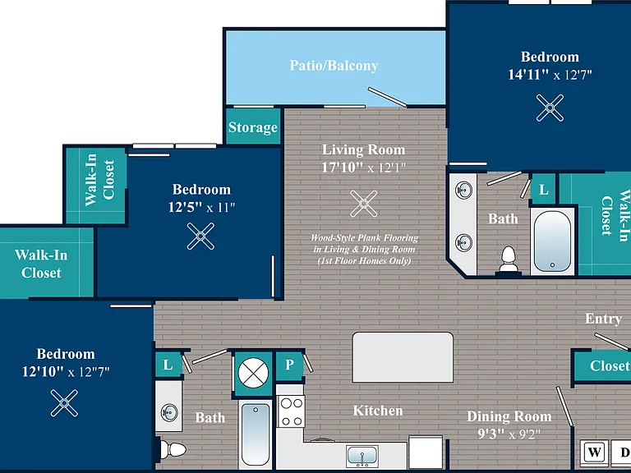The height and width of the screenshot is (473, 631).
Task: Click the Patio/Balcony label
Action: (334, 66)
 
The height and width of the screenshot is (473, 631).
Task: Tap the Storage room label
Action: (253, 127)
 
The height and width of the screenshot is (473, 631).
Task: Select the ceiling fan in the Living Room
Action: (364, 204)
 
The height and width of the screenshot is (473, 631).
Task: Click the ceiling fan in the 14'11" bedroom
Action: (550, 108)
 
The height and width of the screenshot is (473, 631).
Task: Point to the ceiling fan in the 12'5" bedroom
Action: (200, 236)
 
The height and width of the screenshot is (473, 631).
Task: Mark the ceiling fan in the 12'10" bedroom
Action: (64, 403)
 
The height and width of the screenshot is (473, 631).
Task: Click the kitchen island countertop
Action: (403, 357)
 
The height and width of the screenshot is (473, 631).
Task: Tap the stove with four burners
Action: (292, 411)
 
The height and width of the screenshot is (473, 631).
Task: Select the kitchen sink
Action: (362, 456)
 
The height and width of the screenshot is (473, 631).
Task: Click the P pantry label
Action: (289, 365)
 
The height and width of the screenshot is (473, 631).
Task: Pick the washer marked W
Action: (594, 452)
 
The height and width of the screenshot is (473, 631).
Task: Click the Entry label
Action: (603, 319)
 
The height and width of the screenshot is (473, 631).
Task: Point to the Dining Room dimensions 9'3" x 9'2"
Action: (509, 434)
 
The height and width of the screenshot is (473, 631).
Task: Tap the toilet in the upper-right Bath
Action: (509, 259)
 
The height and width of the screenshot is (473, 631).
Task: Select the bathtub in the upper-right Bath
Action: (552, 241)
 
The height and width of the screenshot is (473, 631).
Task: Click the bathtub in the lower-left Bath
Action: (256, 434)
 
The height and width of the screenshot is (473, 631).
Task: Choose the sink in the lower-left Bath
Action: (169, 412)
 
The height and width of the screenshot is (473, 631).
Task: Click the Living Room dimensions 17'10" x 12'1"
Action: (364, 168)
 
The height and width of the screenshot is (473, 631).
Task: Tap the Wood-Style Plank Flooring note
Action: (364, 250)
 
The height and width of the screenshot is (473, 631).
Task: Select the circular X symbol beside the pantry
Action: (254, 373)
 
